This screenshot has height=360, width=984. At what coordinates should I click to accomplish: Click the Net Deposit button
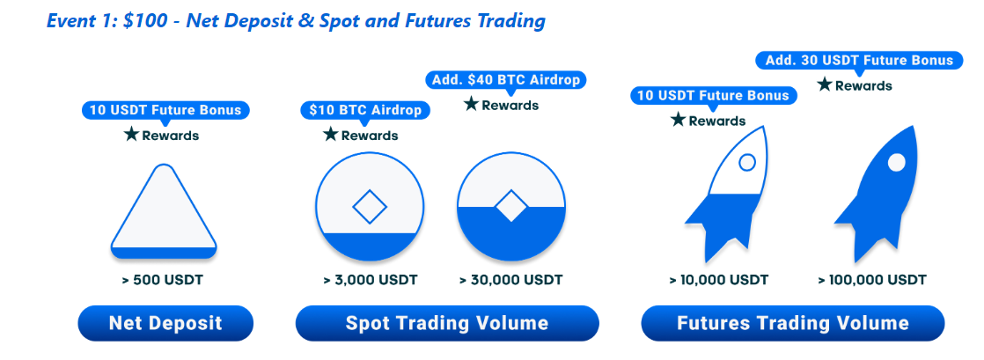coord(165,323)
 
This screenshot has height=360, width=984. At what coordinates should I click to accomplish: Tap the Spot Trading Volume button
coord(447,323)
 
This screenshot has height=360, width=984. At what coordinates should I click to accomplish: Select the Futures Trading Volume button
coord(793,323)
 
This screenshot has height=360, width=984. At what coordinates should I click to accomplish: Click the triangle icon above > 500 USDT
coord(164,211)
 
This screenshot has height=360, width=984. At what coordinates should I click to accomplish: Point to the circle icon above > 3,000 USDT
coord(366,207)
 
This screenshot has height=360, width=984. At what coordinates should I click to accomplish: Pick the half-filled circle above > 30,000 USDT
coord(511,207)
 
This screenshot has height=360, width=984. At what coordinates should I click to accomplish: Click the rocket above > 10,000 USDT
coord(725,195)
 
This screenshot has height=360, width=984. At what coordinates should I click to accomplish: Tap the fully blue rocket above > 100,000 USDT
coord(876,195)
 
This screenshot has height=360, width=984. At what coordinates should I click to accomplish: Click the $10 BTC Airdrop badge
coord(366,110)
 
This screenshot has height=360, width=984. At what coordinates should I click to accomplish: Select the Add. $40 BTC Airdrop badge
coord(506,80)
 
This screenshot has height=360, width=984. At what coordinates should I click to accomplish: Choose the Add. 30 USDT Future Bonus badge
coord(859,60)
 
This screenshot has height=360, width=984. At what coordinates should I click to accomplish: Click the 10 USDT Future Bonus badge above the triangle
coord(165,110)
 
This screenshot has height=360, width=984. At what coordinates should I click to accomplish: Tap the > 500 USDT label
coord(163,280)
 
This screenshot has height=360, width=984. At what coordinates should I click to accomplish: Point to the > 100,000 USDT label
coord(871,280)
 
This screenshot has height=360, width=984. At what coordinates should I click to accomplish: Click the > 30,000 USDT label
coord(510,280)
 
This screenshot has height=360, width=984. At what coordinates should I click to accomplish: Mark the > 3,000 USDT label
coord(371,280)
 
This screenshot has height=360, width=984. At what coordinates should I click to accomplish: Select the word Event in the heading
coord(70,21)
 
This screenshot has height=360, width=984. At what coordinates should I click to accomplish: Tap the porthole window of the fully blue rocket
coord(897,163)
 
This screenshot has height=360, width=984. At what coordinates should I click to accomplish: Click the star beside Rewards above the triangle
coord(131,134)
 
